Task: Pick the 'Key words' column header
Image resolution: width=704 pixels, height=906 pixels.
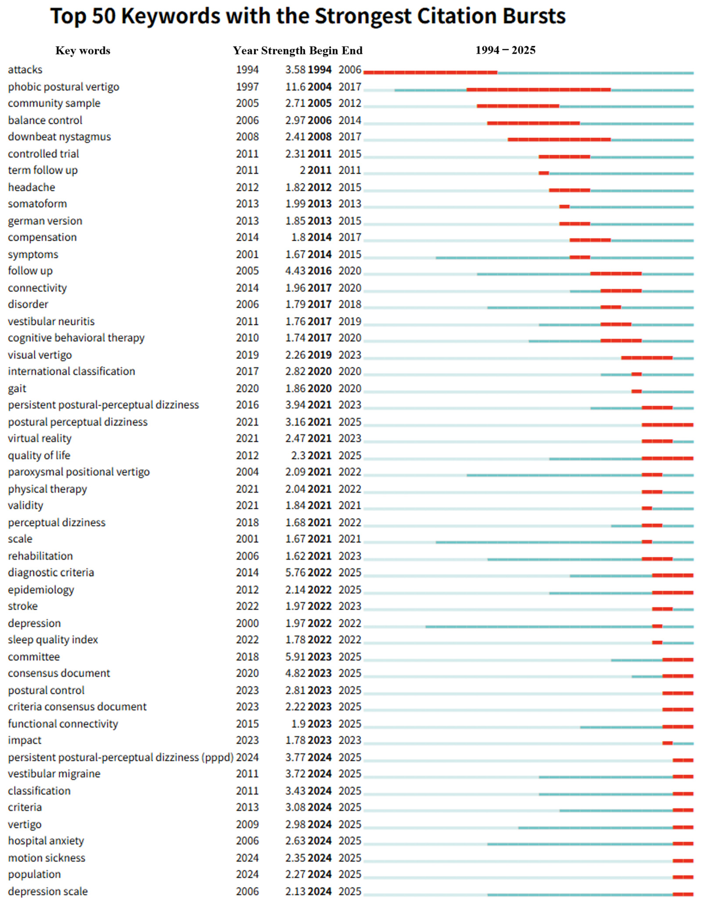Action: tap(83, 51)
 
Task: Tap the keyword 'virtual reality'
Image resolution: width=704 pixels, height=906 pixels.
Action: tap(40, 439)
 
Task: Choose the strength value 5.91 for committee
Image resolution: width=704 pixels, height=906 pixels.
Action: tap(295, 657)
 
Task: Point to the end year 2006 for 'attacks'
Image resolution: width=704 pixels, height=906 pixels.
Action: tap(350, 70)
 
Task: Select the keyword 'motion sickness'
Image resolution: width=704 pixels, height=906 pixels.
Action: tap(46, 858)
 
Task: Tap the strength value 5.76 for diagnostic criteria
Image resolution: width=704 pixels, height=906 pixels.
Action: tap(295, 573)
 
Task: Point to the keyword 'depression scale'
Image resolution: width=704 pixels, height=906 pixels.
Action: tap(48, 892)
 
